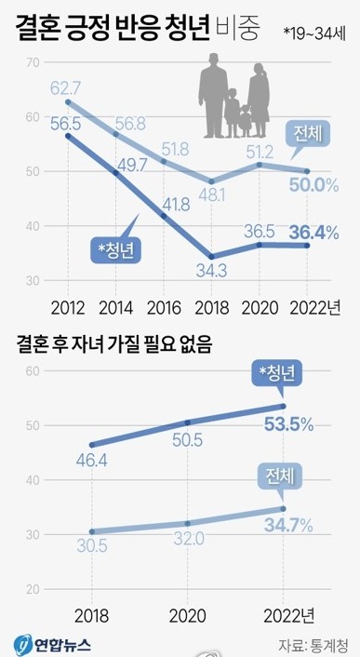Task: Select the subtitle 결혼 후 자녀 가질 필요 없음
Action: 113,349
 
